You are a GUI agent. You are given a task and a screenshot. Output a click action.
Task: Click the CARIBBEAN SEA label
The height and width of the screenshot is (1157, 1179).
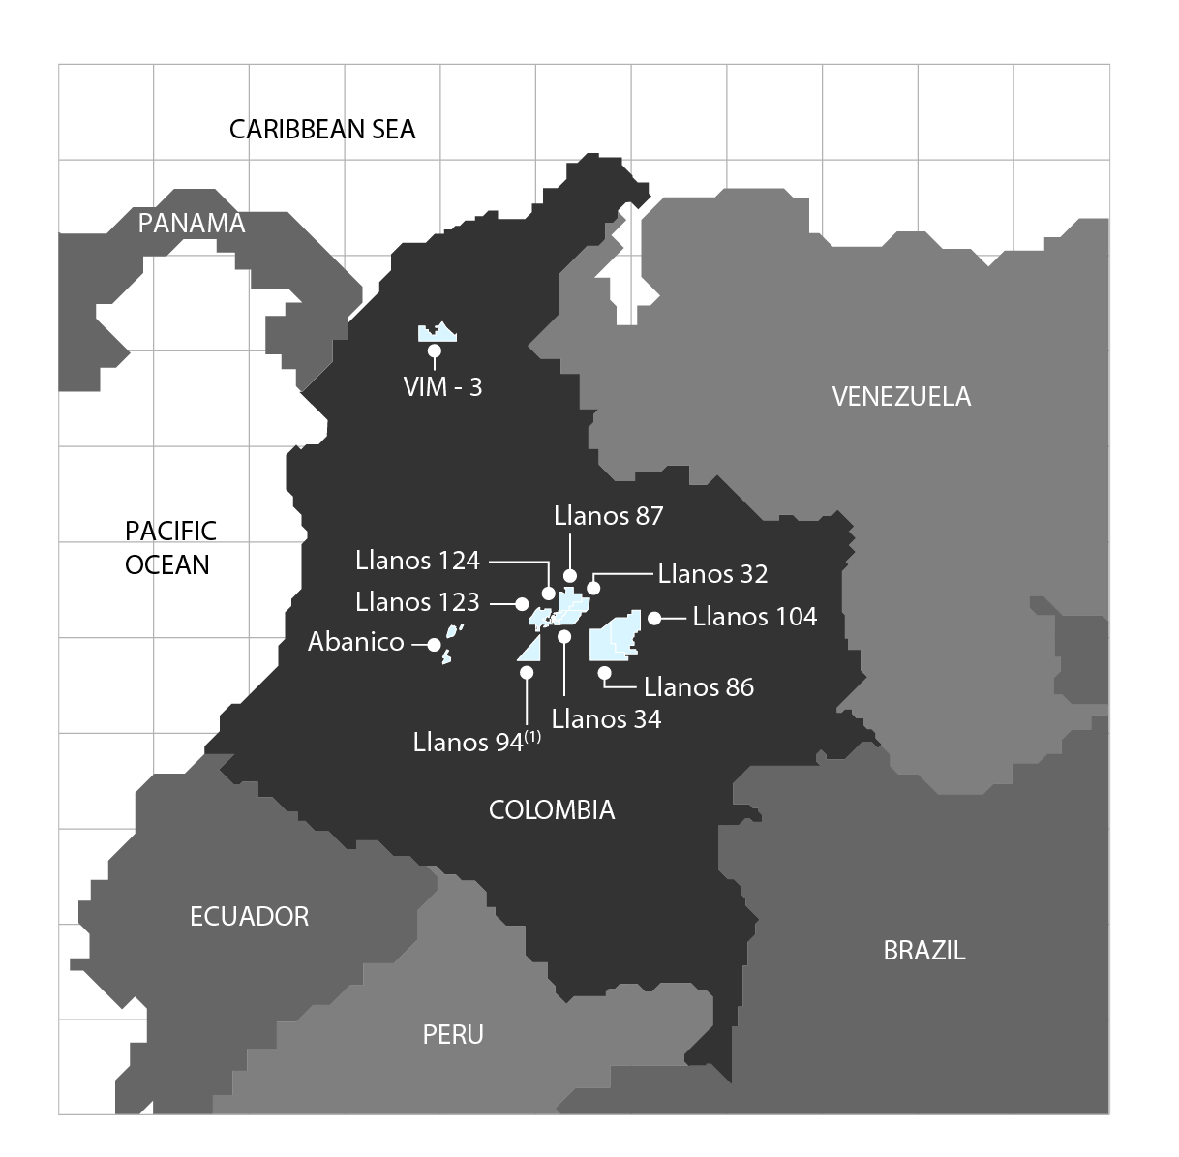[x=322, y=130]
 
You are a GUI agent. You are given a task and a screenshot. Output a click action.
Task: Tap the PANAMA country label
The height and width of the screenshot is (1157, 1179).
[x=192, y=224]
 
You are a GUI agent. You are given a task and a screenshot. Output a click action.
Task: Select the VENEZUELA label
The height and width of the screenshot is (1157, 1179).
[x=901, y=396]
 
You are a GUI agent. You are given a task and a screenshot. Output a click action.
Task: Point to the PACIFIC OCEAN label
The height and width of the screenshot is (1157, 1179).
[x=170, y=548]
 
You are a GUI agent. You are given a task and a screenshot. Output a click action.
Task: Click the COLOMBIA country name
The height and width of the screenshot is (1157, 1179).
[x=552, y=810]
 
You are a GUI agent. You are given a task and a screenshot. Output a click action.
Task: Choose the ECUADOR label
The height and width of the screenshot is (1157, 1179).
[x=250, y=917]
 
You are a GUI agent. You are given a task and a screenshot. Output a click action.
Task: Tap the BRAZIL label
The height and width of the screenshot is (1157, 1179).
[x=924, y=951]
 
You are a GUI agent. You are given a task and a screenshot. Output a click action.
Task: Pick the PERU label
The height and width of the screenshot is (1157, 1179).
[x=453, y=1035]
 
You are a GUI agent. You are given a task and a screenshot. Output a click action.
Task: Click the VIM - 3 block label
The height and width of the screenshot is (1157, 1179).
[x=442, y=387]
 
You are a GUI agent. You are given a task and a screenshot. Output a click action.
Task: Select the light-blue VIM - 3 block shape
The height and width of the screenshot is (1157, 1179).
[x=437, y=334]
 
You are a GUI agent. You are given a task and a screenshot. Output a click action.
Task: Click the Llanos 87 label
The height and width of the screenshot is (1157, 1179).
[x=609, y=516]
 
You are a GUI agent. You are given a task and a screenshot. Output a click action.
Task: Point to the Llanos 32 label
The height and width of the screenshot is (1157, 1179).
[x=712, y=574]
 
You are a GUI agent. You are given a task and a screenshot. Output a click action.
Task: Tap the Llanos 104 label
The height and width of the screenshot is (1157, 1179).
[x=755, y=617]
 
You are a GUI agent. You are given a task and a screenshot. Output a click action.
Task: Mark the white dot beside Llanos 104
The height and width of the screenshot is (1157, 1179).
[x=653, y=618]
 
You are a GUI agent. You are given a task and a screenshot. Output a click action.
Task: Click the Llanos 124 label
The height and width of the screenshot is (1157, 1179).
[x=417, y=561]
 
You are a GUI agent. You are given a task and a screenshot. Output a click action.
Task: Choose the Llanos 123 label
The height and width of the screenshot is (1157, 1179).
[x=417, y=602]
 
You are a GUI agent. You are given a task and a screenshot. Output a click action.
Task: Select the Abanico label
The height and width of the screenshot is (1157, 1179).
[x=356, y=643]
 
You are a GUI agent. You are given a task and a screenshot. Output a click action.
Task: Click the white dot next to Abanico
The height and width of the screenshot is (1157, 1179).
[x=434, y=644]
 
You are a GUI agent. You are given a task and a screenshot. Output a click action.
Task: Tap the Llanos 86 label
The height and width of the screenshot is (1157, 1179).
[x=699, y=687]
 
